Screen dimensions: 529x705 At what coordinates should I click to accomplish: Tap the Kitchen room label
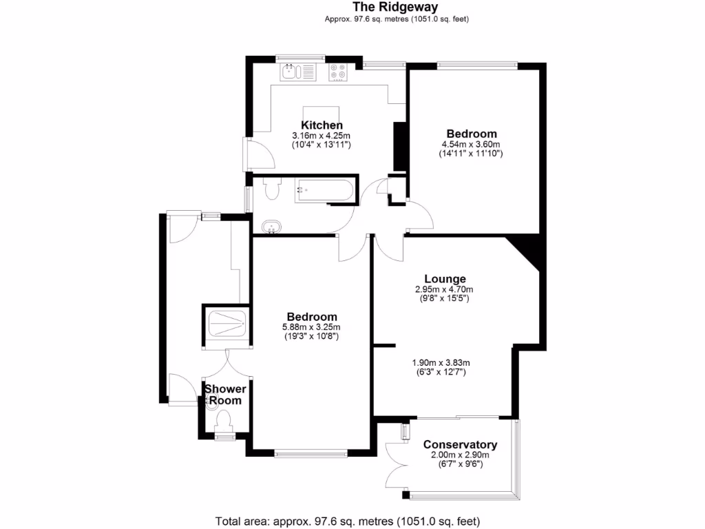[322, 125]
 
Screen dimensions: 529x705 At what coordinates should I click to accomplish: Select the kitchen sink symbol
[297, 71]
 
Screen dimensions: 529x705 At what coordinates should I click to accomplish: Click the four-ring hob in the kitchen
[338, 72]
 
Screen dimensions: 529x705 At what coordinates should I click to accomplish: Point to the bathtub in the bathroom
[324, 191]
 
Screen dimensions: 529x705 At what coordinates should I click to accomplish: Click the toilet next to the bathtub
[272, 188]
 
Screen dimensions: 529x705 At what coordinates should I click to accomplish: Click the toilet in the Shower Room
[223, 419]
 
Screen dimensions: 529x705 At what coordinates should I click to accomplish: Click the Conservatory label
[460, 444]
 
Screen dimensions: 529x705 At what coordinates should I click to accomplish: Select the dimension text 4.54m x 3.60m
[471, 145]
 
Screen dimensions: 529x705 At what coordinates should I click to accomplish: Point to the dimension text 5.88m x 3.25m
[312, 326]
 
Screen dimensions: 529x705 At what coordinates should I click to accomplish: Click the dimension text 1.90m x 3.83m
[441, 363]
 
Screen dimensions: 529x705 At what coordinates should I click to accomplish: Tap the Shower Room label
[224, 395]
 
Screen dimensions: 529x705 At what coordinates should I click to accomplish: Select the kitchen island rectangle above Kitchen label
[322, 113]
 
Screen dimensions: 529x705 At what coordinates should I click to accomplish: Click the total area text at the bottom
[348, 520]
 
